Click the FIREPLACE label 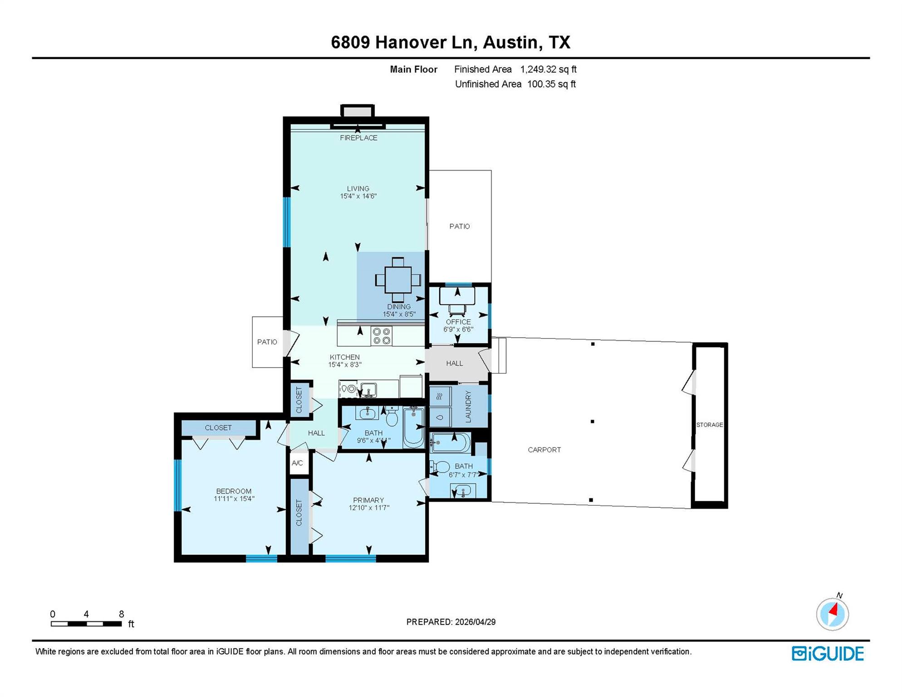358,138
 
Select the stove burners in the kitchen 382,336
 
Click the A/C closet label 297,463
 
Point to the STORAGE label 710,425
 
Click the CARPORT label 544,450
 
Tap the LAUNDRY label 468,407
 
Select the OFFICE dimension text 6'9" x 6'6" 458,329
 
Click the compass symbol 833,614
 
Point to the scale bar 86,624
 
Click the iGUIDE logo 828,653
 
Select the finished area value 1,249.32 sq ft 548,69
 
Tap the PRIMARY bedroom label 368,500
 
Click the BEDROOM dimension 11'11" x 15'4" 234,499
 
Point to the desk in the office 457,295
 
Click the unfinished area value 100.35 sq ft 551,84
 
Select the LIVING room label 358,188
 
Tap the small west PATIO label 267,342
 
